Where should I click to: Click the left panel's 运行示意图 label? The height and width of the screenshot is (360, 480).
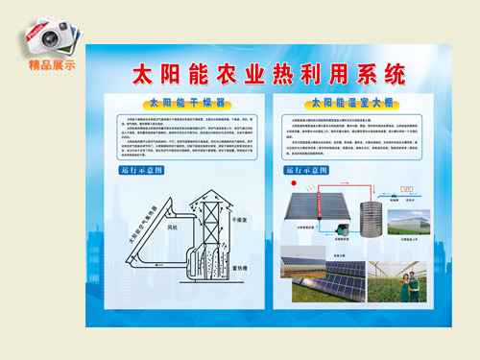point(143,170)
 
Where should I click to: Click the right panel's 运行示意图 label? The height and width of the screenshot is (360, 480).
point(304,170)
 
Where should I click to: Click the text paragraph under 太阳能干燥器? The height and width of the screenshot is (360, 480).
point(183,134)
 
